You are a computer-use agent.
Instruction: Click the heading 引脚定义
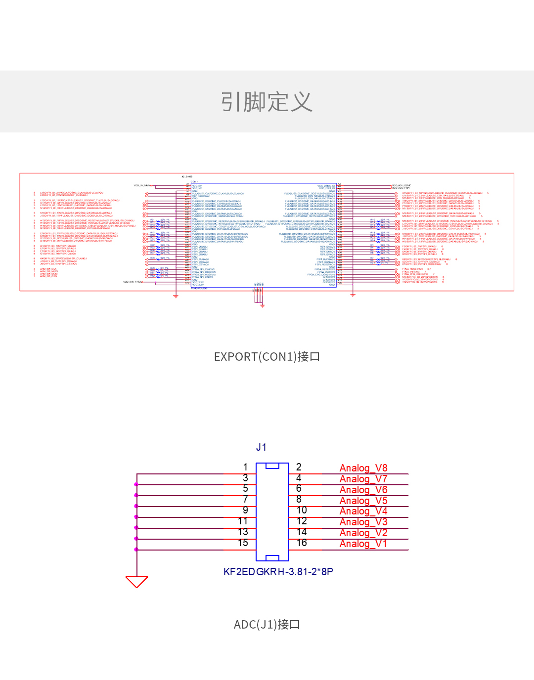tap(267, 102)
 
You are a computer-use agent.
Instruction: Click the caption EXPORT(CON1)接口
tap(267, 357)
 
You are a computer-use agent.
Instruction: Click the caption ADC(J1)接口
tap(267, 625)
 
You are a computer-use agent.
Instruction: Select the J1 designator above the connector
tap(262, 447)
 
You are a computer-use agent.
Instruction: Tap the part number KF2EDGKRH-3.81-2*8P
tap(278, 572)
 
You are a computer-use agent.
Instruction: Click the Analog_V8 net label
tap(363, 468)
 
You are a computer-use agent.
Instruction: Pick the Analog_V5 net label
tap(363, 501)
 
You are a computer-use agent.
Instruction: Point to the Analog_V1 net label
tap(363, 544)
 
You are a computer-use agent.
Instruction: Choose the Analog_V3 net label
tap(363, 522)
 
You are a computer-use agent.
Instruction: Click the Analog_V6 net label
tap(363, 490)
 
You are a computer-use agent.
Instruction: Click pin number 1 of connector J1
tap(245, 467)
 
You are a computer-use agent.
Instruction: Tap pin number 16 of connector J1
tap(302, 543)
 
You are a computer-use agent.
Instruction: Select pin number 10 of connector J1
tap(302, 510)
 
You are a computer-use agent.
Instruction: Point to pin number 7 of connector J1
tap(245, 499)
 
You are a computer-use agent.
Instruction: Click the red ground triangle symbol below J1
tap(137, 581)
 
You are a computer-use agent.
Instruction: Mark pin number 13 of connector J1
tap(243, 532)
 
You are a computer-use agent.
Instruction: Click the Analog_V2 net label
tap(363, 533)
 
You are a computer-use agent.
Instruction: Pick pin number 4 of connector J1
tap(299, 478)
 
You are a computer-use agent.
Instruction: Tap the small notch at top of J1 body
tap(272, 466)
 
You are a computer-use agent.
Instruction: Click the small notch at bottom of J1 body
tap(272, 558)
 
